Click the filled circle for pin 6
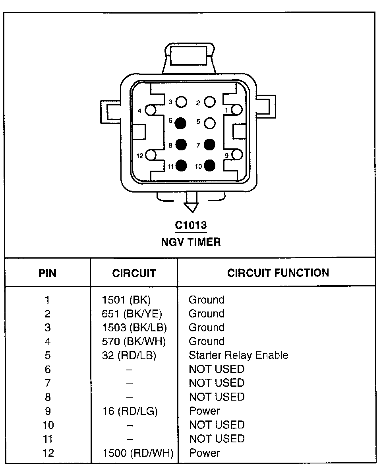click(181, 123)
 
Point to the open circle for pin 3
click(181, 102)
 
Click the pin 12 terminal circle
click(151, 155)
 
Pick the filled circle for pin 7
click(210, 144)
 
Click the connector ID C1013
click(191, 225)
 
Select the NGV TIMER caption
click(191, 242)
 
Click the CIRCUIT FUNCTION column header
click(278, 273)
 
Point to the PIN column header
click(47, 274)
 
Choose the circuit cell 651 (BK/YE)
click(132, 314)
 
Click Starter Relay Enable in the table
click(238, 355)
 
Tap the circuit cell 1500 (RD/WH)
click(138, 453)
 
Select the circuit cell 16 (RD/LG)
click(130, 411)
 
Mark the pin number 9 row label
click(48, 411)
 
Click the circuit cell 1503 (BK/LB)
click(134, 328)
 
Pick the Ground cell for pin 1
click(207, 300)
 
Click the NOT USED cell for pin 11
click(217, 439)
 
